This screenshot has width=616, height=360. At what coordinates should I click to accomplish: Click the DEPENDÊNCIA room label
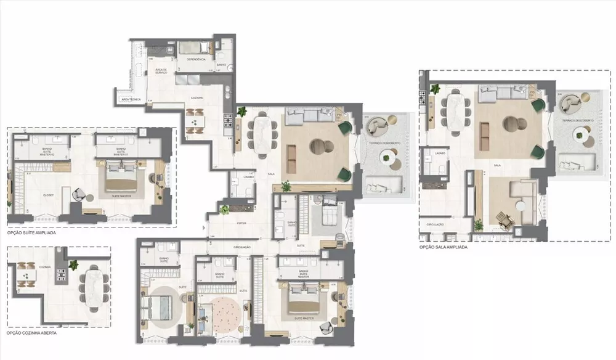(195, 59)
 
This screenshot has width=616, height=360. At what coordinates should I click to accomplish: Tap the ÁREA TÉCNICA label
(131, 99)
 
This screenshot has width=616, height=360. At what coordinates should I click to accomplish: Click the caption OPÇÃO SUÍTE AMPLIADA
(33, 234)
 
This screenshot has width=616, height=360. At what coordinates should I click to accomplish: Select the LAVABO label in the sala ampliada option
(439, 152)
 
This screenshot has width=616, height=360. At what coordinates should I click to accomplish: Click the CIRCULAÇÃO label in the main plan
(241, 247)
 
